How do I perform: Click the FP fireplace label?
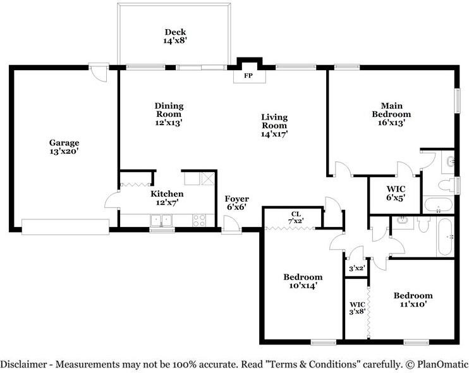(248, 76)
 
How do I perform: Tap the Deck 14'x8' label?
(175, 36)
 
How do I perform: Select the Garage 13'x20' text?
(64, 147)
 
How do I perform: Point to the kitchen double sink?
(161, 221)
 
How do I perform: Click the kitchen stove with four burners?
(199, 221)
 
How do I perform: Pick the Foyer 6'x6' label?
(236, 203)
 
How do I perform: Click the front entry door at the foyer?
(231, 224)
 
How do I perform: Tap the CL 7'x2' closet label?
(296, 217)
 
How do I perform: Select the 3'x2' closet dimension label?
(356, 268)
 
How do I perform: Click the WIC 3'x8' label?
(357, 308)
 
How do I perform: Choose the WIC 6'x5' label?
(396, 193)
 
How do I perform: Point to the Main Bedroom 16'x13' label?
(391, 114)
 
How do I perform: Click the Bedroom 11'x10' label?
(413, 300)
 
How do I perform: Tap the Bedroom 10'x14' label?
(303, 281)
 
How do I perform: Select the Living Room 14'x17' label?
(274, 125)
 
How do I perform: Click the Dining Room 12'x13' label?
(169, 114)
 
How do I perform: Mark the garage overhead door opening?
(65, 227)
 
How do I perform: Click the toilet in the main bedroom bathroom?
(446, 185)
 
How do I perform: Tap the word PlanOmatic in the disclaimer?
(442, 364)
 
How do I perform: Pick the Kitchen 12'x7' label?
(167, 198)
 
